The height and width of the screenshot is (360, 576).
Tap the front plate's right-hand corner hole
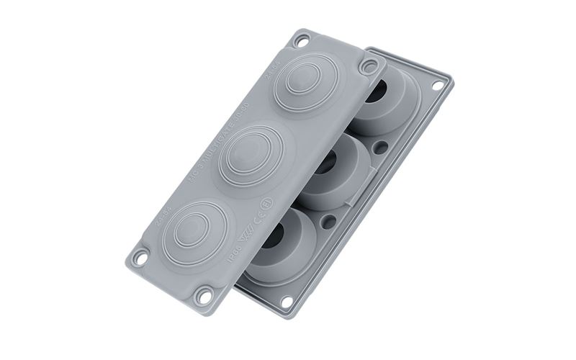[369, 68]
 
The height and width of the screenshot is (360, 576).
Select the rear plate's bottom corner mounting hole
[287, 301]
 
